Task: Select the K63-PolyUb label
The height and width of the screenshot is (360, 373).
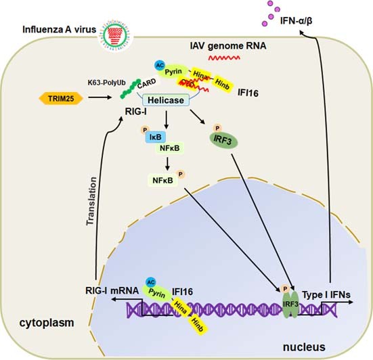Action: pyautogui.click(x=106, y=82)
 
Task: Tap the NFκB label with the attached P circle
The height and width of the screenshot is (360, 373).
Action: pyautogui.click(x=158, y=181)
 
